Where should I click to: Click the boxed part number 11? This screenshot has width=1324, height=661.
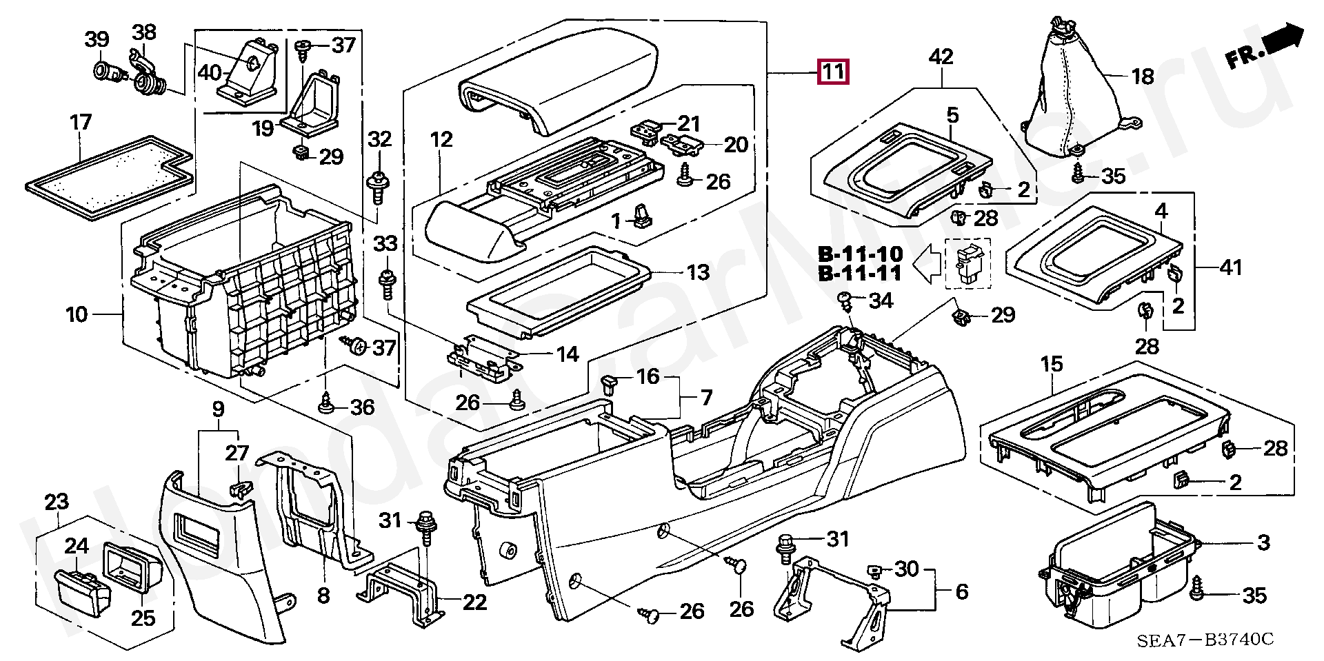pos(833,72)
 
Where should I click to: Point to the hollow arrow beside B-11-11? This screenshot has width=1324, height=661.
pos(927,264)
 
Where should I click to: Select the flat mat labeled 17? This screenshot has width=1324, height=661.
pos(108,176)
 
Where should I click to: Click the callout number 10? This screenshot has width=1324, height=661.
pos(77,315)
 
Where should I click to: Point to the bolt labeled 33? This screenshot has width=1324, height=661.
pos(386,283)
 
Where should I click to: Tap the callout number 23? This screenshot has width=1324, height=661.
pos(57,502)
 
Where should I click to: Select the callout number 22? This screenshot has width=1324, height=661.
pos(474,602)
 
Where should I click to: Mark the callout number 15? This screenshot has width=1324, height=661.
pos(1052,364)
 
